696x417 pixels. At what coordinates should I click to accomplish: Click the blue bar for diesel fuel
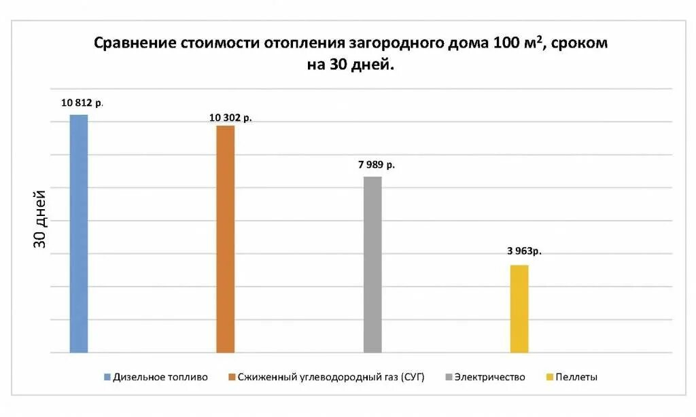coord(79,234)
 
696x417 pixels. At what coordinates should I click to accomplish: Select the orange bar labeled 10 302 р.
coord(226,239)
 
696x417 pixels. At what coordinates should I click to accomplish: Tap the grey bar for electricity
coord(372,264)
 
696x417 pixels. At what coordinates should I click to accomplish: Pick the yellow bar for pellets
coord(519,308)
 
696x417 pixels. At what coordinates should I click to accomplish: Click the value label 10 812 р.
coord(82,103)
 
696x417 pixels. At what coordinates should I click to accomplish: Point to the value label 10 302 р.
coord(230,117)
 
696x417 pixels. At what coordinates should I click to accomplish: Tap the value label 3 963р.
coord(524,251)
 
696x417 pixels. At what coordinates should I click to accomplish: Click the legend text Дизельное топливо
coord(160,377)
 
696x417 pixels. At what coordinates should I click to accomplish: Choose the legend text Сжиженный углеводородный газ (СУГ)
coord(331,377)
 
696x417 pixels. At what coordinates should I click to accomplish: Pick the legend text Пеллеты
coord(576,377)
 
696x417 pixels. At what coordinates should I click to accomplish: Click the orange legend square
coord(232,377)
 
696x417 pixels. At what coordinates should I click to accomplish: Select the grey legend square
coord(448,377)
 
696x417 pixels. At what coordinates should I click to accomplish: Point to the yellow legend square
coord(549,377)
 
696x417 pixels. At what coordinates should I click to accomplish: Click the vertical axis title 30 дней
coord(41,218)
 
